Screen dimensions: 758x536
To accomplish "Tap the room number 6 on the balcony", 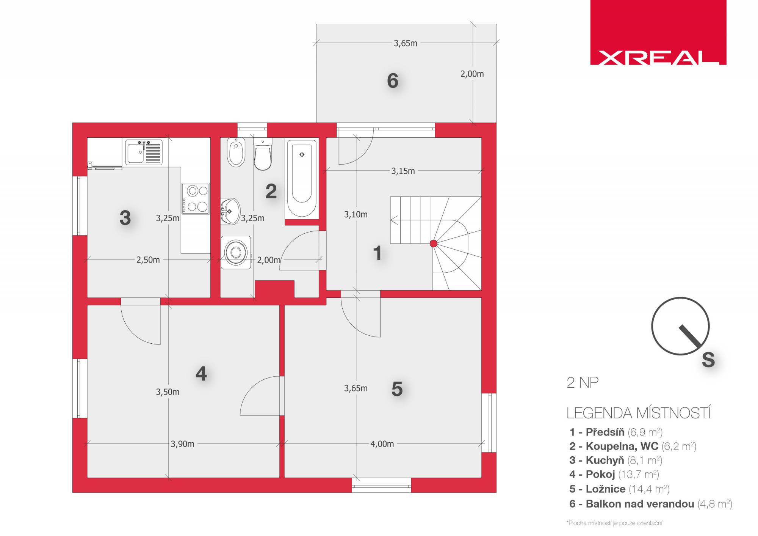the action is (x=393, y=80).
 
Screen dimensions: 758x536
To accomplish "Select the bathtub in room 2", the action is (x=302, y=179).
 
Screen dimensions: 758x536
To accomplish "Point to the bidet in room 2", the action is (x=236, y=152).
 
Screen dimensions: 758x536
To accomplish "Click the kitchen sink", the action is (x=144, y=152).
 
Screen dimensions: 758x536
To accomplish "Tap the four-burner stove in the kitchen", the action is (x=196, y=198).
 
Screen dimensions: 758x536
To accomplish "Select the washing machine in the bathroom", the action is (x=236, y=253).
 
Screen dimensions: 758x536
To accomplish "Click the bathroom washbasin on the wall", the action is (x=230, y=211).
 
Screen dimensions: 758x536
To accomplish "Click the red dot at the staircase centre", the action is (x=434, y=244).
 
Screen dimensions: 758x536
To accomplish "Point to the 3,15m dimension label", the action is (x=403, y=171).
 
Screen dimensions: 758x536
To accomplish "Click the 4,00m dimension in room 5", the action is (x=382, y=444).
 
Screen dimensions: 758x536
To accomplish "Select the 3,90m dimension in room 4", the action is (x=182, y=444).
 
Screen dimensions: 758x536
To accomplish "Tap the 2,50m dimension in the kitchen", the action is (x=148, y=260).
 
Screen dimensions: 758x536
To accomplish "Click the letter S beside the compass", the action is (x=708, y=360).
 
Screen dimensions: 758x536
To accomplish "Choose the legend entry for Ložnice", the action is (x=619, y=489).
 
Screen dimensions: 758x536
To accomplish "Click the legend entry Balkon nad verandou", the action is (x=651, y=504).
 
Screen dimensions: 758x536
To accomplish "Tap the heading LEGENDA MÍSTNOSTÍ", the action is (x=639, y=413).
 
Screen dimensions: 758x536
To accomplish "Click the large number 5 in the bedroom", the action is (x=397, y=389).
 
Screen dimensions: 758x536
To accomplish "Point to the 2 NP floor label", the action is (x=583, y=383).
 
